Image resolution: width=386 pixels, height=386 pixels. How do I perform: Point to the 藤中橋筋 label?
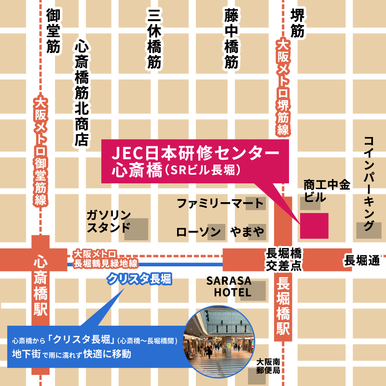tap(231, 39)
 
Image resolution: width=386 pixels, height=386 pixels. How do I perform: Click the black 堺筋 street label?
tap(297, 23)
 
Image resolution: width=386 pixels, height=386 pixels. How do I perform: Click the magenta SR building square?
tap(315, 225)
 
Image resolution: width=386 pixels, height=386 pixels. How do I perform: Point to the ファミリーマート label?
tap(220, 203)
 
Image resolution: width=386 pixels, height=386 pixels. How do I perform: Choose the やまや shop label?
tap(247, 232)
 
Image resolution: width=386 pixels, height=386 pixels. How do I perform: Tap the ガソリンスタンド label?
tap(109, 221)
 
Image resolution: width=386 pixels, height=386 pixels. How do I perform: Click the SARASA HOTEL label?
tap(230, 287)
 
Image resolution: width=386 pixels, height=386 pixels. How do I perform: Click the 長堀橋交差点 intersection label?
tap(284, 260)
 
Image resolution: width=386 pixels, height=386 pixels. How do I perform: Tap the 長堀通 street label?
tap(362, 261)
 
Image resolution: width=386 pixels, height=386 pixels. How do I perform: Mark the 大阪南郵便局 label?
tap(268, 366)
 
